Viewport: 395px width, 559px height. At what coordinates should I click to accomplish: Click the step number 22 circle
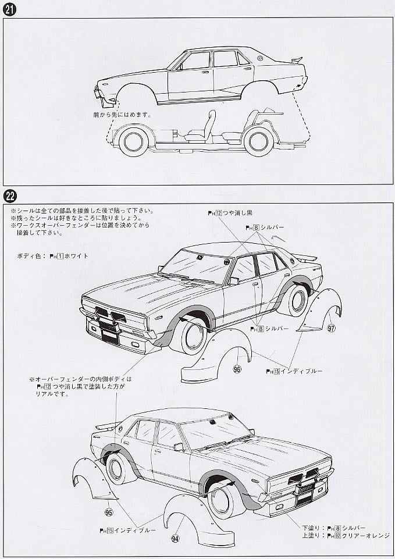10,195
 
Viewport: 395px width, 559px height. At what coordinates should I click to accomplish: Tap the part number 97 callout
331,328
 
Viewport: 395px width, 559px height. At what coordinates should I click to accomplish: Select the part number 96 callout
237,369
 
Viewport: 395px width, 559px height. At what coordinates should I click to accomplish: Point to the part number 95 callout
109,512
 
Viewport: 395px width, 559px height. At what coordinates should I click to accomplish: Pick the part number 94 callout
175,539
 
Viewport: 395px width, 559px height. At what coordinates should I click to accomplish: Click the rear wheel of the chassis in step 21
258,142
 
